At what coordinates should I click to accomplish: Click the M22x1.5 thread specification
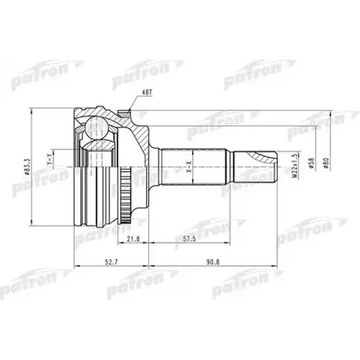pyautogui.click(x=295, y=168)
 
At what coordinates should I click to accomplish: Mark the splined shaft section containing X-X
pyautogui.click(x=194, y=167)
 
